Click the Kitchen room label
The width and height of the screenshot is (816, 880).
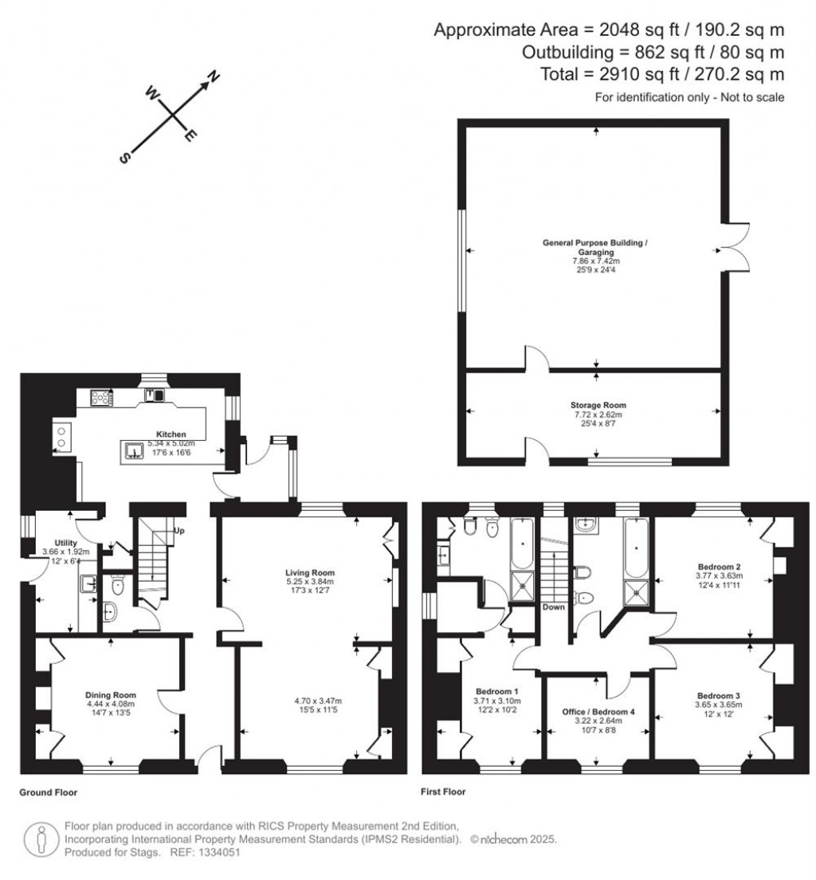point(171,434)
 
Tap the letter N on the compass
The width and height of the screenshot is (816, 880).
point(214,77)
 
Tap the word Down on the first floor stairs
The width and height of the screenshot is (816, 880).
point(554,607)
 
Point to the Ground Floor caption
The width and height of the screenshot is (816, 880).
point(49,793)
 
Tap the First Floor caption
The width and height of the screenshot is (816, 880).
point(444,792)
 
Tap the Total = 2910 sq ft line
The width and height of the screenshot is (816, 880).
point(684,74)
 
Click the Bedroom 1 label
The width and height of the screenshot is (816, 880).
point(497,691)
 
